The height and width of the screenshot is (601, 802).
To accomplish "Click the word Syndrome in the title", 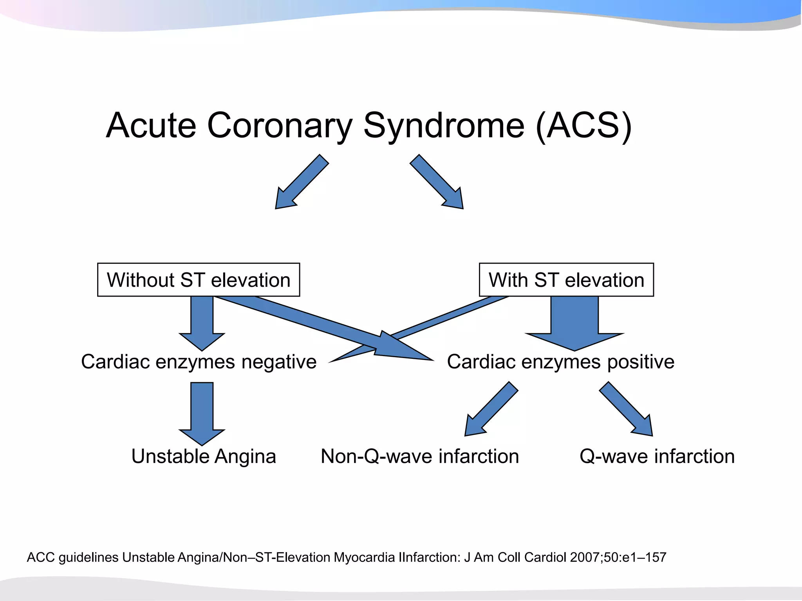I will point(444,126).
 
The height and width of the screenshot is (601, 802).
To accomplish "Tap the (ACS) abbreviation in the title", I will point(583,126).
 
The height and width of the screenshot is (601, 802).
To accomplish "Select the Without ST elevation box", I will point(199,280).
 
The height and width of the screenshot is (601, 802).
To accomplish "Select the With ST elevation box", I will point(566,280).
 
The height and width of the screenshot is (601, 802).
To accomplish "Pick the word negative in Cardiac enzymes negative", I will point(279,362).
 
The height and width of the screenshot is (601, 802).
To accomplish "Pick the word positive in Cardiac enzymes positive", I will point(641,362).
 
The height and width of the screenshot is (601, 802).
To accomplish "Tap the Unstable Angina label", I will point(204,457).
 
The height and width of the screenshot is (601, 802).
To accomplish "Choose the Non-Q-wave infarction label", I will point(420,457).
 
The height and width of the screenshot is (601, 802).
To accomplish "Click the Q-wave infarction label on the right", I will point(657,457).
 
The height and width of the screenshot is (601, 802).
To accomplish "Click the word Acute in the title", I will point(151,126).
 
